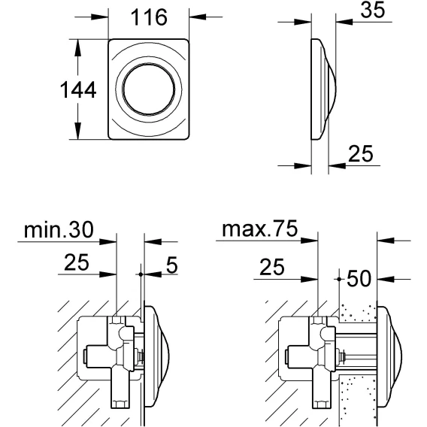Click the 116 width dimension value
[149, 17]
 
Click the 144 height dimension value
[78, 89]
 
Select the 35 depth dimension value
[373, 10]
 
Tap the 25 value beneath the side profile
[361, 154]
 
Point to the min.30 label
[59, 229]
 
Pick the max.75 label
[260, 229]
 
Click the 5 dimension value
[172, 265]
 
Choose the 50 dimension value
[359, 278]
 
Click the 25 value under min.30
[77, 262]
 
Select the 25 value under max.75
[272, 267]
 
